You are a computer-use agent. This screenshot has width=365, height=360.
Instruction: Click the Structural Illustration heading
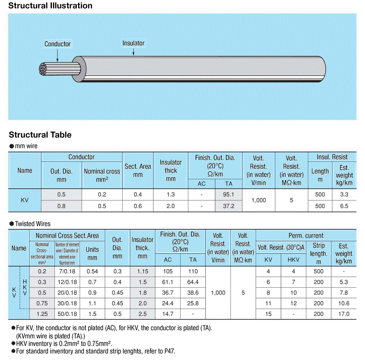pos(50,6)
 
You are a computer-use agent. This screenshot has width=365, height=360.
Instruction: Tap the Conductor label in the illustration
pos(58,44)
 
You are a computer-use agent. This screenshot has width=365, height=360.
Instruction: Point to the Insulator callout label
pos(133,43)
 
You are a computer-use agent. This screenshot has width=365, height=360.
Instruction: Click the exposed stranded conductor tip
pos(45,69)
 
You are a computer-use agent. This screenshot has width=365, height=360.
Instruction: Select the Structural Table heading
pos(40,135)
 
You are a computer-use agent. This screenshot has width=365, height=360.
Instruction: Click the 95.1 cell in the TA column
pos(229,194)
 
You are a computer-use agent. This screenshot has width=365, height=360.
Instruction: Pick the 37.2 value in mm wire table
pos(229,206)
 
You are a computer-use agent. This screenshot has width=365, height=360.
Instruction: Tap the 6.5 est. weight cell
pos(344,206)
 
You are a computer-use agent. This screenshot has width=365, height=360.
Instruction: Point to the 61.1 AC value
pos(168,282)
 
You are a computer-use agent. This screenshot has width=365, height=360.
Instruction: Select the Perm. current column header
pos(306,235)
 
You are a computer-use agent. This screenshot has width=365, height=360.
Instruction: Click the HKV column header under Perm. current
pos(293,260)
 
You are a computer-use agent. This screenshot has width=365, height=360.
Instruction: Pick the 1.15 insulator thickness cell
pos(143,271)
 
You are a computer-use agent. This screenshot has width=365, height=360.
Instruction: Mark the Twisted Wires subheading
pos(33,223)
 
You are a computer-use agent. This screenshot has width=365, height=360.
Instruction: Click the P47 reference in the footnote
pos(170,351)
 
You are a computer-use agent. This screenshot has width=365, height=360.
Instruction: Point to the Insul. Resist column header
pos(332,157)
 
